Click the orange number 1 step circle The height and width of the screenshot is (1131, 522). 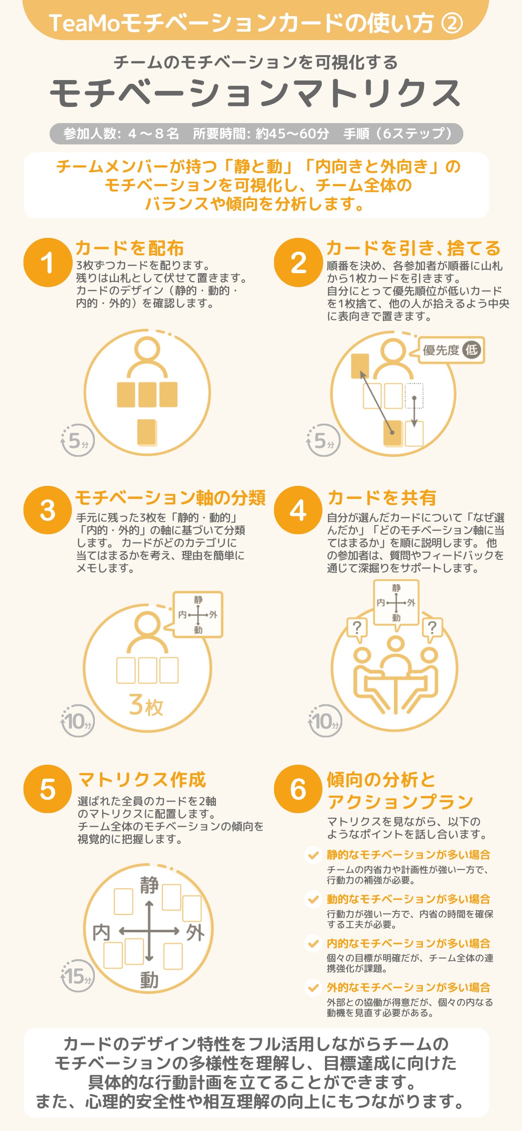pyautogui.click(x=48, y=263)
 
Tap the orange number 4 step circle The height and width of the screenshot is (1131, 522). pyautogui.click(x=298, y=510)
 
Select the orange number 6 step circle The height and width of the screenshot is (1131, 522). pyautogui.click(x=298, y=789)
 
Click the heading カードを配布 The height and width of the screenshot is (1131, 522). pyautogui.click(x=130, y=248)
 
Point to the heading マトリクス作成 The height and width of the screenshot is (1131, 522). pyautogui.click(x=142, y=780)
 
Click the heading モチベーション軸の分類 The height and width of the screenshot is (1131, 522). pyautogui.click(x=171, y=498)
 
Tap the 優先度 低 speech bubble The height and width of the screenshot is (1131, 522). pyautogui.click(x=452, y=350)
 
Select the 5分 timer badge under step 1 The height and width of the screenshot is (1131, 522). pyautogui.click(x=78, y=440)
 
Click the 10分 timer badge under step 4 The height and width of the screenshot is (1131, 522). pyautogui.click(x=325, y=720)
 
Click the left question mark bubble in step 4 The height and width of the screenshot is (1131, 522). pyautogui.click(x=358, y=629)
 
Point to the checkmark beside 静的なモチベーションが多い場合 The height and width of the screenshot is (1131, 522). pyautogui.click(x=313, y=855)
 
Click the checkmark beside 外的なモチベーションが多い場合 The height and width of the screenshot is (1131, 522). pyautogui.click(x=313, y=988)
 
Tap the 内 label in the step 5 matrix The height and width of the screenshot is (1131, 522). pyautogui.click(x=101, y=932)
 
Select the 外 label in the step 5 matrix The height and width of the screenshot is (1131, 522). pyautogui.click(x=195, y=932)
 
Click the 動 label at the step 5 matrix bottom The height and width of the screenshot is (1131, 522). pyautogui.click(x=149, y=980)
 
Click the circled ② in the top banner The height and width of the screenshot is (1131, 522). pyautogui.click(x=452, y=23)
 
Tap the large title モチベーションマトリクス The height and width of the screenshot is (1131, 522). pyautogui.click(x=255, y=93)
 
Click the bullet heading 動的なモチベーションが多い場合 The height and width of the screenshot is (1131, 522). pyautogui.click(x=408, y=899)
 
